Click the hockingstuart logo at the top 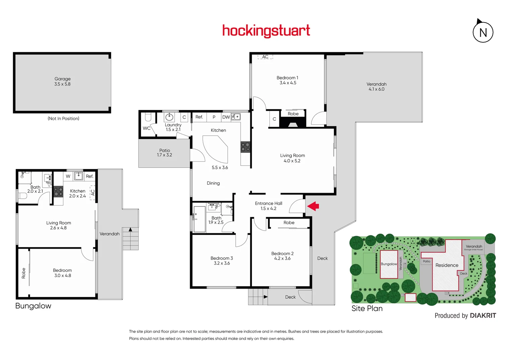coord(266,31)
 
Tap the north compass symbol coord(483,32)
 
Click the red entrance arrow coord(313,206)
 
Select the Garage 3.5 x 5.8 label coord(63,81)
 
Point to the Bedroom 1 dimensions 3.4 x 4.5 coord(288,83)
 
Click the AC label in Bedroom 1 coord(265,57)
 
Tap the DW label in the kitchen coord(226,117)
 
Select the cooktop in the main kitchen coord(245,147)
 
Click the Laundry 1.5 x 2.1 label coord(173,127)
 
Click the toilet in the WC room coord(148,117)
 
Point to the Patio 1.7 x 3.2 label coord(164,153)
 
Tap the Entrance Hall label coord(268,203)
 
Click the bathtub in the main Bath coord(199,219)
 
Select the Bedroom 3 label coord(222,258)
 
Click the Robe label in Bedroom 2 coord(289,223)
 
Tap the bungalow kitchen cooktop coord(59,192)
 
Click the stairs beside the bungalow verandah coord(130,238)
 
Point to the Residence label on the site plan coord(447,265)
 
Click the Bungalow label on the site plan coord(389,264)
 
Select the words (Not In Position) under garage coord(63,119)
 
